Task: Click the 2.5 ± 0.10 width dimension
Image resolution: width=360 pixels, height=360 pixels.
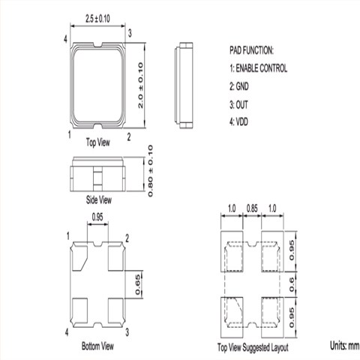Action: tap(97, 19)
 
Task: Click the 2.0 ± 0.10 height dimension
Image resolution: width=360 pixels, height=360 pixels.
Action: tap(141, 85)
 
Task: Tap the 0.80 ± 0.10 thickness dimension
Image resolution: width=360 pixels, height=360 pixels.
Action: tap(150, 171)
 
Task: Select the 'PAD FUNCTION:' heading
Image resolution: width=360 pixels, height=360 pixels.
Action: tap(251, 50)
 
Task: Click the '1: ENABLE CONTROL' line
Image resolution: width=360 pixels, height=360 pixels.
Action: tap(259, 68)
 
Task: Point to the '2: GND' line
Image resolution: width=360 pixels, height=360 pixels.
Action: tap(239, 86)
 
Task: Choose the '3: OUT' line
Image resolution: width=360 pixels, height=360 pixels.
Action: tap(238, 105)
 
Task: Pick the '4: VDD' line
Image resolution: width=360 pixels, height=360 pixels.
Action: tap(238, 122)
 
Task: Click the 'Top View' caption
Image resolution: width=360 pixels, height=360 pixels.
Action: tap(98, 142)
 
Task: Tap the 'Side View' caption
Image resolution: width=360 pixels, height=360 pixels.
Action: tap(99, 199)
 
